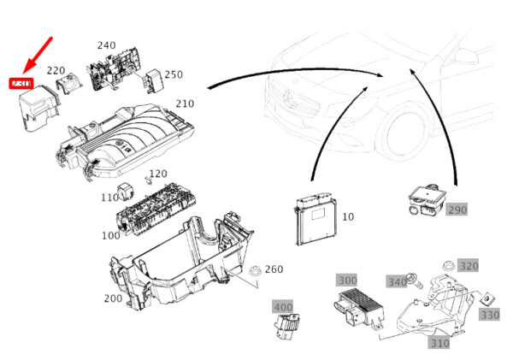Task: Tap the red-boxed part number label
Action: [20, 84]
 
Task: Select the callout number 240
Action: [106, 45]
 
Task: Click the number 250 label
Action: [174, 74]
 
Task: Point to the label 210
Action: [185, 103]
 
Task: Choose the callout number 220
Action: [56, 71]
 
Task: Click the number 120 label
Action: [157, 174]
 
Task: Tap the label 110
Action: [109, 197]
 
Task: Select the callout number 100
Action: [111, 234]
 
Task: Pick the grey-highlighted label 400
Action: [282, 305]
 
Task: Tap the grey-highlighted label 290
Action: [457, 210]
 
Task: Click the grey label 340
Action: [397, 282]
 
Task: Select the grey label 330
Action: [489, 315]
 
